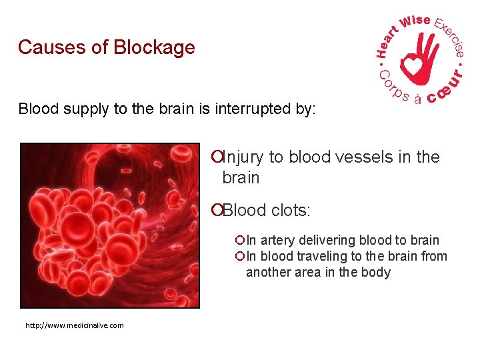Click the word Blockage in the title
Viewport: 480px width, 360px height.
[x=154, y=48]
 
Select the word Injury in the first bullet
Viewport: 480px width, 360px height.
[x=242, y=157]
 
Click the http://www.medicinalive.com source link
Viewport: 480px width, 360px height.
[x=74, y=325]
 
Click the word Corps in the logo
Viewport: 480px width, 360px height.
[x=395, y=87]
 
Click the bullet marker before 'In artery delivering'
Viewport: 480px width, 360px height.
[x=240, y=240]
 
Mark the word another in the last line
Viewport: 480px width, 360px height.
[x=268, y=272]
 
